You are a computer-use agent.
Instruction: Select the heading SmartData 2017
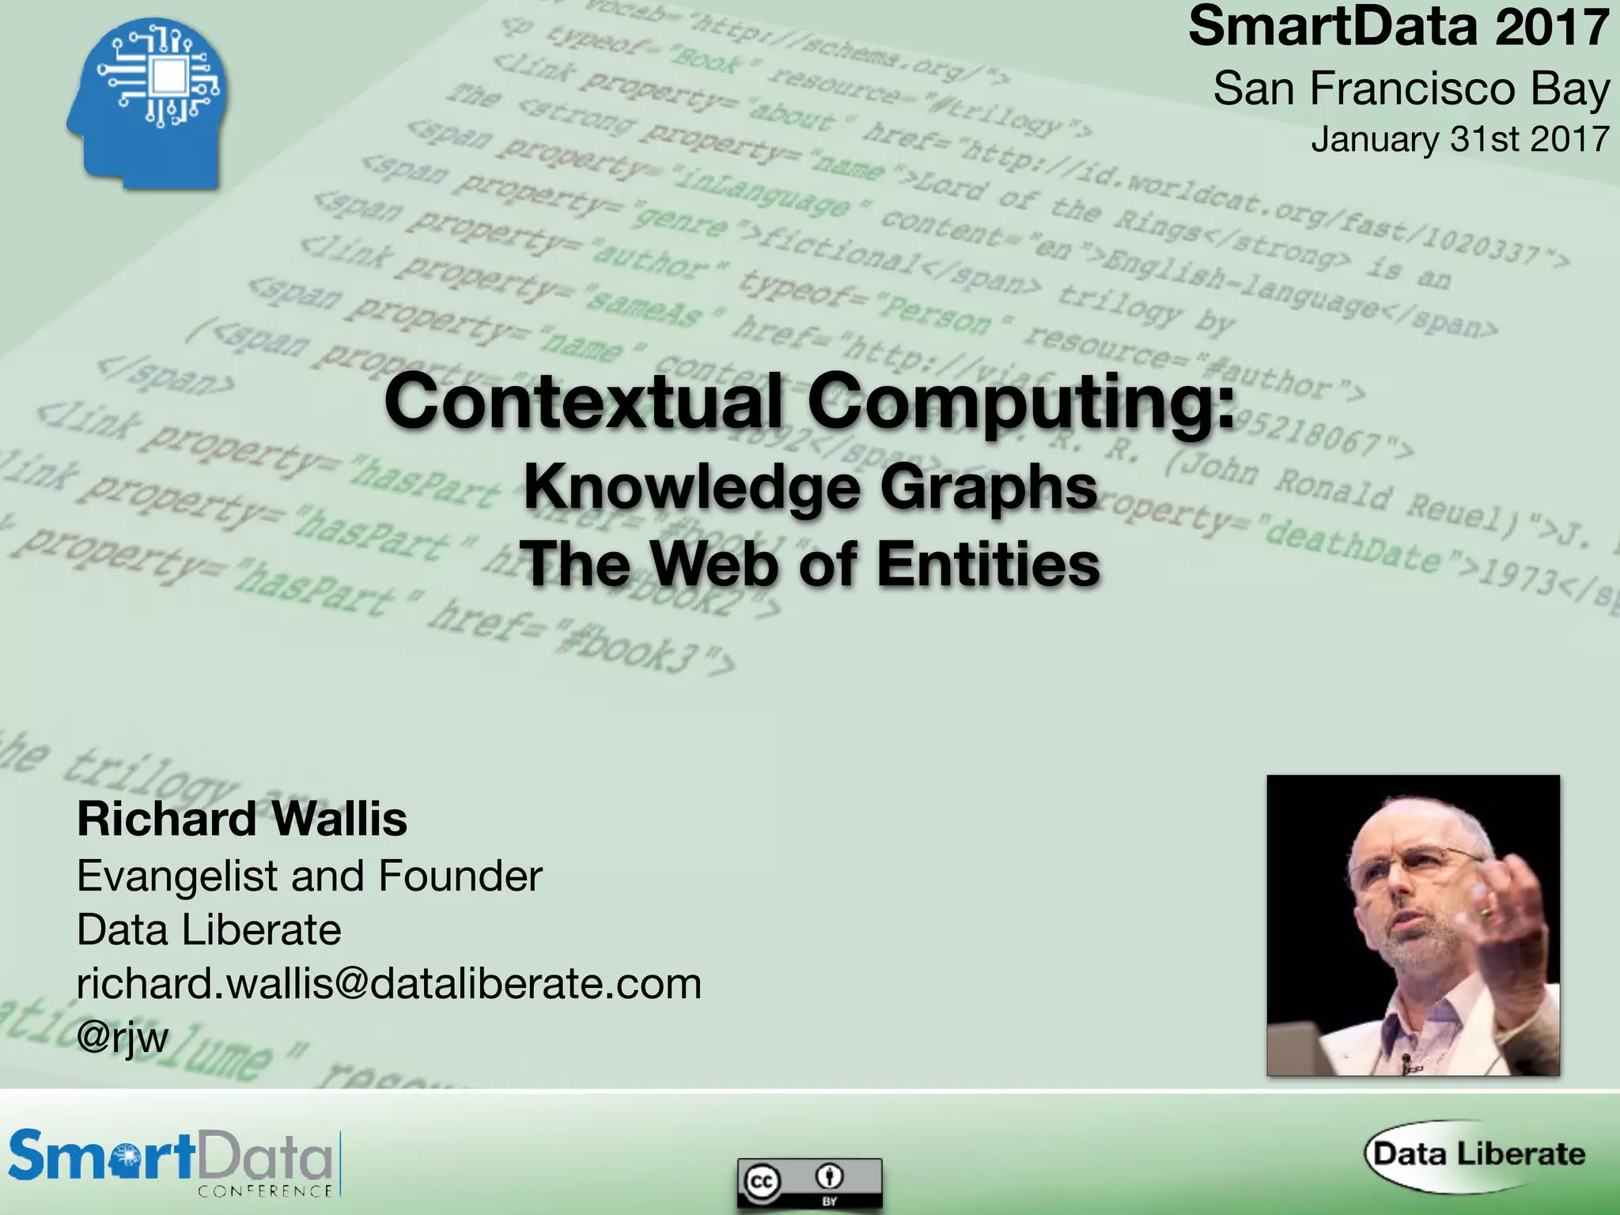[1399, 27]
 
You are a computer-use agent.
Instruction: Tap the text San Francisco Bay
[1411, 88]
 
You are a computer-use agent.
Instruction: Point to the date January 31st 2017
[1459, 139]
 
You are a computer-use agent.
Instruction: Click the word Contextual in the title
[583, 402]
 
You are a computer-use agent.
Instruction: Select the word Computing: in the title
[1021, 402]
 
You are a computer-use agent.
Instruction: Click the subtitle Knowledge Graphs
[811, 487]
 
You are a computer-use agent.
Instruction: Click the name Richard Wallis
[242, 819]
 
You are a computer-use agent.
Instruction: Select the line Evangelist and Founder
[309, 876]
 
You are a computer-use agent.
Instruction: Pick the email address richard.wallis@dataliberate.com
[389, 983]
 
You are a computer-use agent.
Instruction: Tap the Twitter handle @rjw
[123, 1037]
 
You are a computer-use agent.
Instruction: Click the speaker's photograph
[1413, 925]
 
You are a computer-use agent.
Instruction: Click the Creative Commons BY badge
[809, 1183]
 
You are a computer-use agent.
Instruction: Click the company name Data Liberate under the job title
[209, 929]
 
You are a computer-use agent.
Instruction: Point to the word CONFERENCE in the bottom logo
[265, 1191]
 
